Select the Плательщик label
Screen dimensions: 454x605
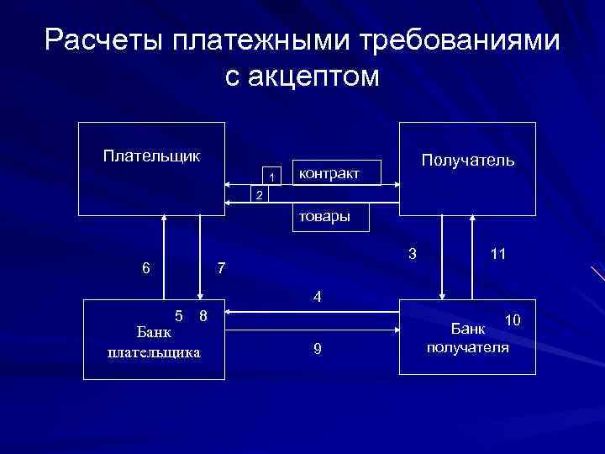click(x=151, y=156)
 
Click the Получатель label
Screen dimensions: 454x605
click(x=468, y=160)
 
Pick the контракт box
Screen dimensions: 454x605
click(x=335, y=172)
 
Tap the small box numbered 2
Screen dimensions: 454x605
click(x=259, y=195)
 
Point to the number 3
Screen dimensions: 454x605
click(x=411, y=253)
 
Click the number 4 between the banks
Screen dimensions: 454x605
click(x=316, y=297)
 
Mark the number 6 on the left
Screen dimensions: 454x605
click(x=146, y=269)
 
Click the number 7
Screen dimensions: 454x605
click(x=220, y=269)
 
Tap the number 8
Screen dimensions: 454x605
click(x=203, y=316)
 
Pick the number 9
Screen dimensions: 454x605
click(x=316, y=349)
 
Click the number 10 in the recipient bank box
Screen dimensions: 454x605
click(x=513, y=319)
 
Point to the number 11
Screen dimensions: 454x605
click(x=497, y=253)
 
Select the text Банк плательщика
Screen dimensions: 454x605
click(x=154, y=343)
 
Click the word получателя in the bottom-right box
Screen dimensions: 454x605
click(x=468, y=347)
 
